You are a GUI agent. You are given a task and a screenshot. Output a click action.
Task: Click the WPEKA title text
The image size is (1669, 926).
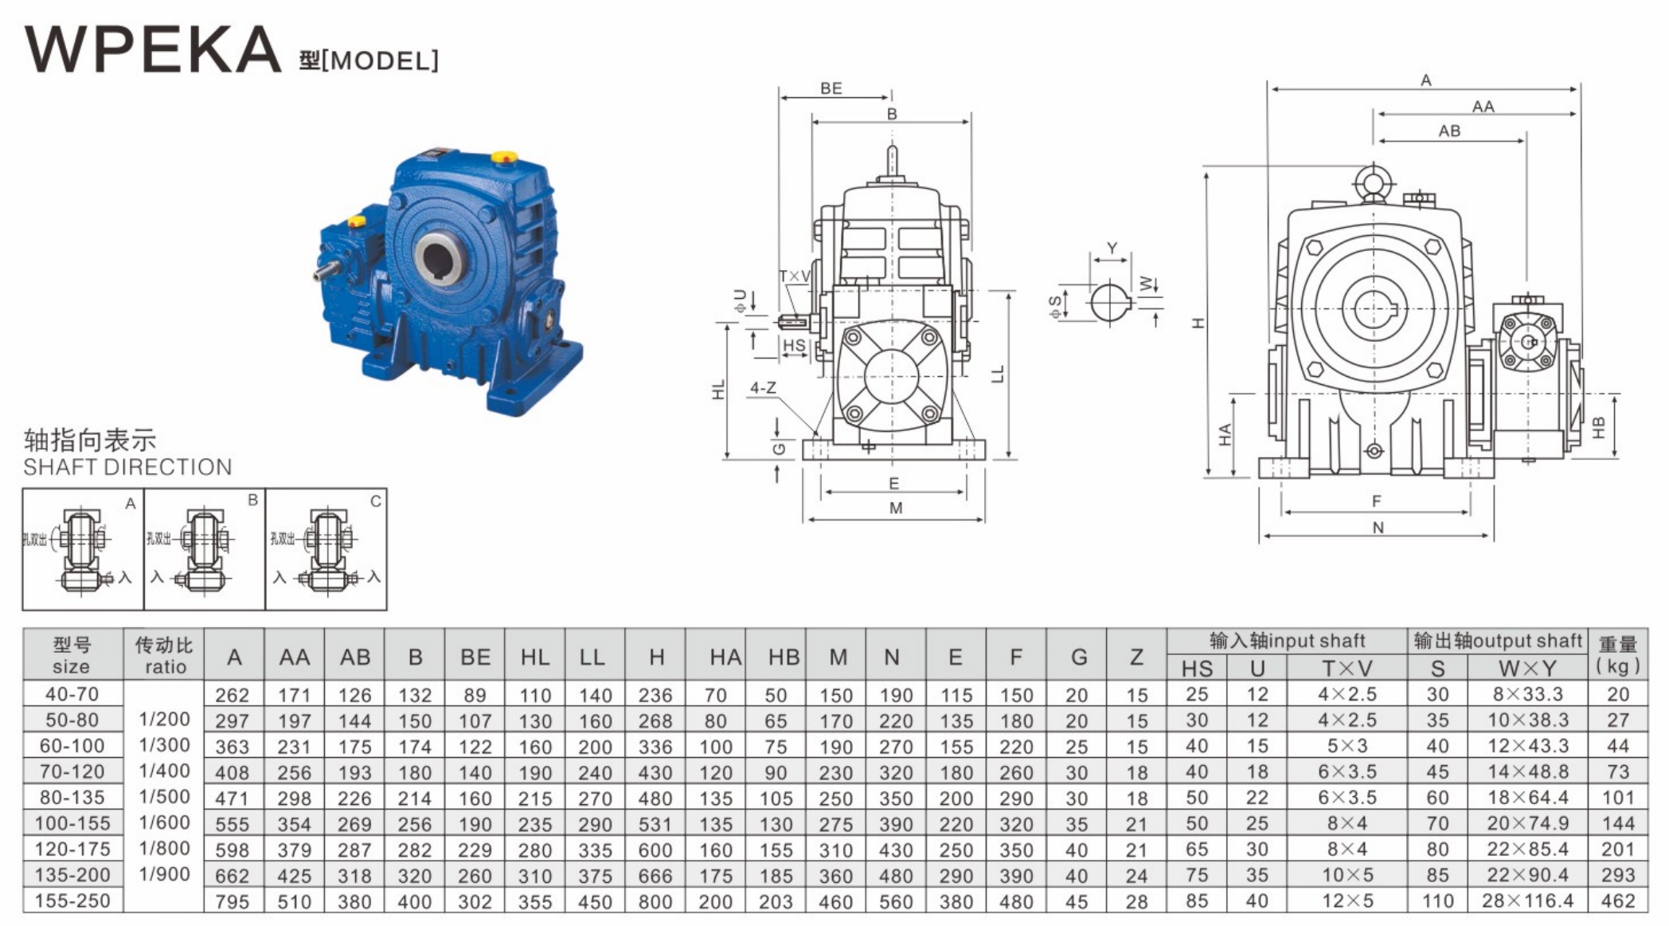(153, 49)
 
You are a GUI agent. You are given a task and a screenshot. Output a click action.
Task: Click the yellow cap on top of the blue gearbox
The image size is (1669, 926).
(502, 157)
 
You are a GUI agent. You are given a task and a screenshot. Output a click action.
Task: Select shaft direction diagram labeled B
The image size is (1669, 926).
(204, 549)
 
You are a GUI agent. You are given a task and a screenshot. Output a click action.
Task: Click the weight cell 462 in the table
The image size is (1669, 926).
(1618, 901)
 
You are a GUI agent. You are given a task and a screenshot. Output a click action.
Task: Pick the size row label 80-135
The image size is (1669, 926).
(72, 797)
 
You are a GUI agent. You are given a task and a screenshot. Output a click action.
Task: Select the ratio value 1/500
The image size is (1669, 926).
(164, 797)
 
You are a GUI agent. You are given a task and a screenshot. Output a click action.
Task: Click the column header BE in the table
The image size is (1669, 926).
(475, 657)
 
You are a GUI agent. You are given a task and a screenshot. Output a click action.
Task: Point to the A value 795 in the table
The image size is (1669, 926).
(232, 902)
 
